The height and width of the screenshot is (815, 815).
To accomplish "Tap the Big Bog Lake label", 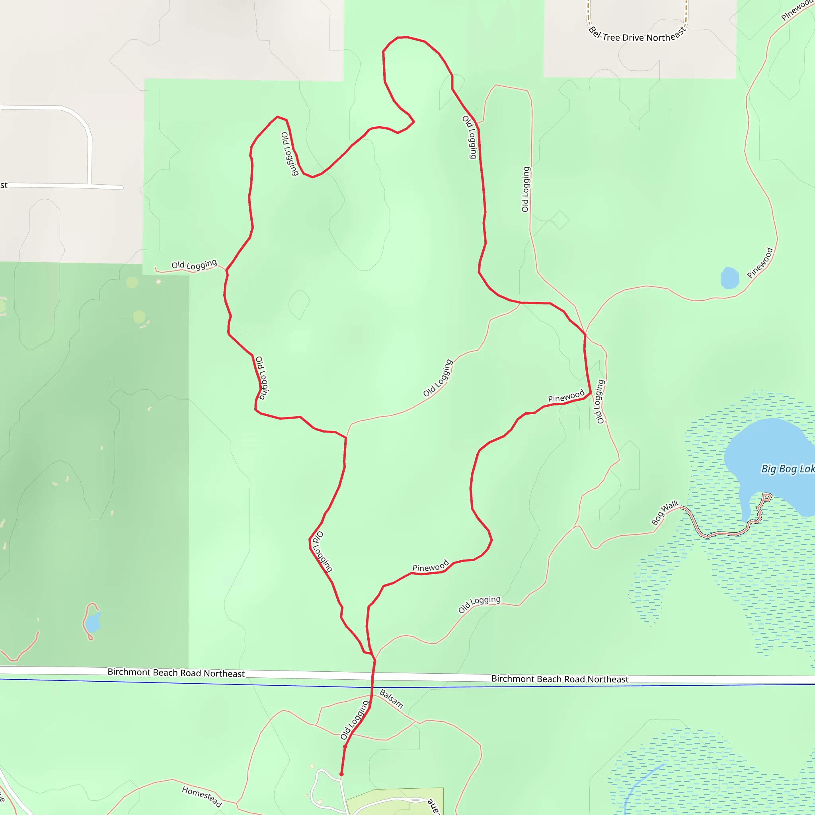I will click(787, 469).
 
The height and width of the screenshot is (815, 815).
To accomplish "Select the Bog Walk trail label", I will click(665, 513).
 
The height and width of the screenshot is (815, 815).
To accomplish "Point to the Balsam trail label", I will click(391, 698).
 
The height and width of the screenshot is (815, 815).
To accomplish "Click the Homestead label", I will click(202, 796).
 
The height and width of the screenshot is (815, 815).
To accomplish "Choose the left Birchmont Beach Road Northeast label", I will click(176, 673).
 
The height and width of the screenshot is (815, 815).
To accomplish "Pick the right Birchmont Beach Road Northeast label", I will click(560, 679).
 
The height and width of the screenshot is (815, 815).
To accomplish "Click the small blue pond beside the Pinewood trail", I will click(730, 278).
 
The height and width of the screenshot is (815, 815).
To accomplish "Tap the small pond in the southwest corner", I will click(92, 622).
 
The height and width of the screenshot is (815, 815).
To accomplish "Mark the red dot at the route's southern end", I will click(342, 774).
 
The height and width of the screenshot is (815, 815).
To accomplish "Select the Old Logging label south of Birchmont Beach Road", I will click(355, 719).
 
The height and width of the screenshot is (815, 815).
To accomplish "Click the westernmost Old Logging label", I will click(194, 265).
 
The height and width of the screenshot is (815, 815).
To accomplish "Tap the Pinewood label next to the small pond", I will click(760, 263).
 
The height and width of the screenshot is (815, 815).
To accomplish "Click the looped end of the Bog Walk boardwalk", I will click(766, 497).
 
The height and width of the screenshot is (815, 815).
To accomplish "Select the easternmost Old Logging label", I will click(599, 401).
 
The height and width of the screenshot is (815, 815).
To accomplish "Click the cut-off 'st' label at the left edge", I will click(4, 185).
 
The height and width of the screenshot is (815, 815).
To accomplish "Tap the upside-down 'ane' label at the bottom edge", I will click(434, 806).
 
